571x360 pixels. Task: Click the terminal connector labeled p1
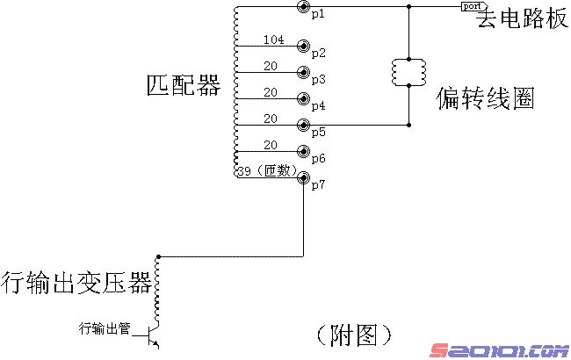click(304, 8)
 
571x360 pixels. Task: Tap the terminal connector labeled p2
click(304, 46)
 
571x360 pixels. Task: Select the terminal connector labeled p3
click(304, 72)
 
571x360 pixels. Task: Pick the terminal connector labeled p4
click(304, 98)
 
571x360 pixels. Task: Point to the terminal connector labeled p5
click(304, 125)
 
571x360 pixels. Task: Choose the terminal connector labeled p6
click(304, 151)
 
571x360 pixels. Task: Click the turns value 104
click(273, 40)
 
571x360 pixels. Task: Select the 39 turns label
click(247, 170)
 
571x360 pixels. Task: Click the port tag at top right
click(470, 6)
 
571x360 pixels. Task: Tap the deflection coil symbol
click(409, 73)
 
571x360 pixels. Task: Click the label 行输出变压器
click(76, 283)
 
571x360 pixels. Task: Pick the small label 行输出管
click(105, 329)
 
